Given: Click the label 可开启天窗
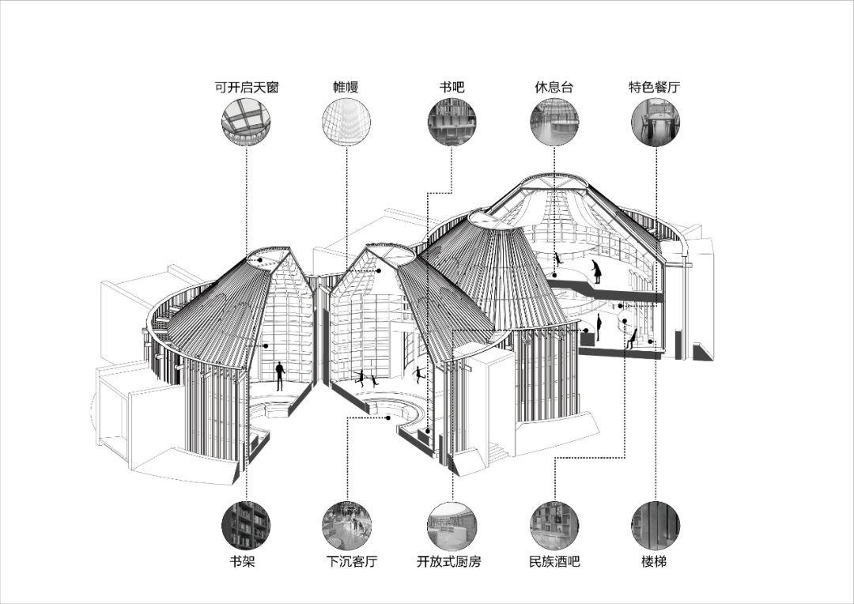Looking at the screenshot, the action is pos(247,87).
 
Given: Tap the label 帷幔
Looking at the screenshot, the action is pos(346,87).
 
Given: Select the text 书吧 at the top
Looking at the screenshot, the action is pos(452,87).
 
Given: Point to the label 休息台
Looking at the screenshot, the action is pos(554,87).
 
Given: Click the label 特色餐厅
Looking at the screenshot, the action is pos(654,87).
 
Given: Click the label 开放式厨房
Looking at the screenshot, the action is pos(449,561).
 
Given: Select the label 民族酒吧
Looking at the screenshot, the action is pos(554,561).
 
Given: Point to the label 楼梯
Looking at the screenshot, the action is pos(654,561).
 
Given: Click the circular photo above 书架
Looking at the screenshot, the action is pos(246,526).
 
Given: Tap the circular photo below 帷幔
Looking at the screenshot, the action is pos(346,122).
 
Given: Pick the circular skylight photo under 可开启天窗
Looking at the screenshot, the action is pos(246,122).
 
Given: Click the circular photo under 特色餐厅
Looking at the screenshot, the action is pos(656,122).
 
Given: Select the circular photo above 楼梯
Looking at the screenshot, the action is pos(656,526).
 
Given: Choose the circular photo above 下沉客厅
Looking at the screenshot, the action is pos(346,526).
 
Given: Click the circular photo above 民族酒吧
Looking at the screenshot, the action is pos(554,526).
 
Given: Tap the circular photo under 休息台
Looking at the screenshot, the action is pos(554,122).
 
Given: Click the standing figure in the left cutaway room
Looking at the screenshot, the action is pos(280,376).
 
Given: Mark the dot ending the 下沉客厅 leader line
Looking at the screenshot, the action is pos(388,417).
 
